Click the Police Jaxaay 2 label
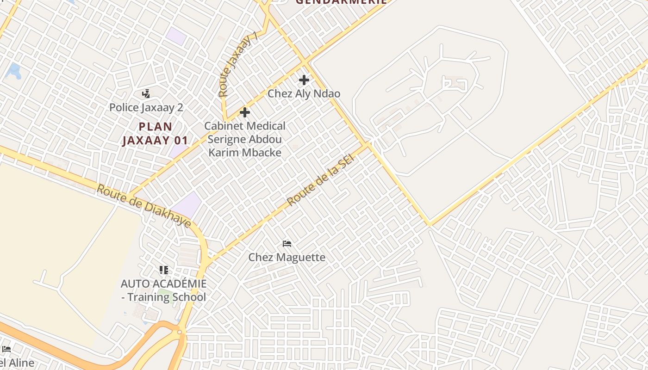point(146,108)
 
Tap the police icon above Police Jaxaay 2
point(146,94)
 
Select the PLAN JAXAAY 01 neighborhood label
point(155,133)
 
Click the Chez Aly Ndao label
point(304,93)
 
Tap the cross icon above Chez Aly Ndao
point(304,80)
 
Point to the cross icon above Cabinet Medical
point(245,112)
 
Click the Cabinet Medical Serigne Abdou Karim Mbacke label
point(245,139)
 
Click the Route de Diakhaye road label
point(144,206)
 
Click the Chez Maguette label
point(287,257)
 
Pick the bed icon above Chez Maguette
point(287,244)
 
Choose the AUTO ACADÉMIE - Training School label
point(163,290)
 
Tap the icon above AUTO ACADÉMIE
point(163,270)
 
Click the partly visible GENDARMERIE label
point(341,2)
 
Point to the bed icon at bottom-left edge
point(6,349)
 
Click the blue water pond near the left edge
point(15,71)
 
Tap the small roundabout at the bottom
point(180,332)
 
